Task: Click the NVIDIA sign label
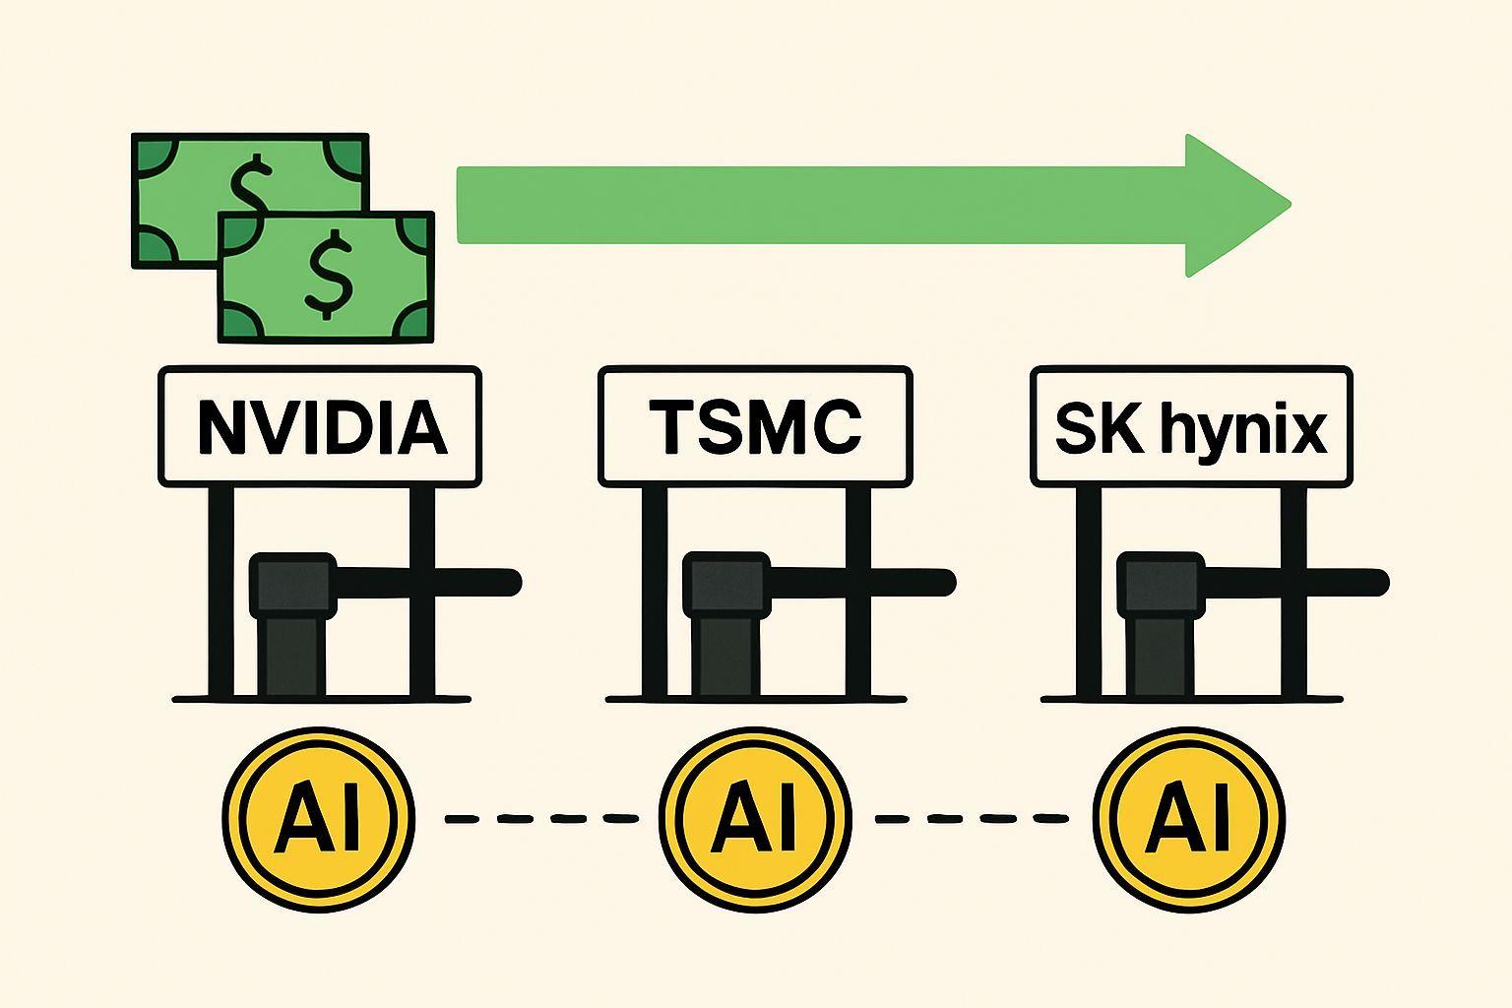pyautogui.click(x=320, y=426)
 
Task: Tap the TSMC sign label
pyautogui.click(x=755, y=426)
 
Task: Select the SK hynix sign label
pyautogui.click(x=1191, y=426)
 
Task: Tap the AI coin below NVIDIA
pyautogui.click(x=317, y=817)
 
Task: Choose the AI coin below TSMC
pyautogui.click(x=754, y=817)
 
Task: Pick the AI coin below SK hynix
pyautogui.click(x=1189, y=817)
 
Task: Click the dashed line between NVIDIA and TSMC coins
pyautogui.click(x=541, y=818)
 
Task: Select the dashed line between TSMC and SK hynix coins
pyautogui.click(x=972, y=818)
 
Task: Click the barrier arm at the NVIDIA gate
pyautogui.click(x=433, y=583)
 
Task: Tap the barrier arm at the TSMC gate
pyautogui.click(x=866, y=583)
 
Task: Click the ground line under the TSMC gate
pyautogui.click(x=755, y=699)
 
